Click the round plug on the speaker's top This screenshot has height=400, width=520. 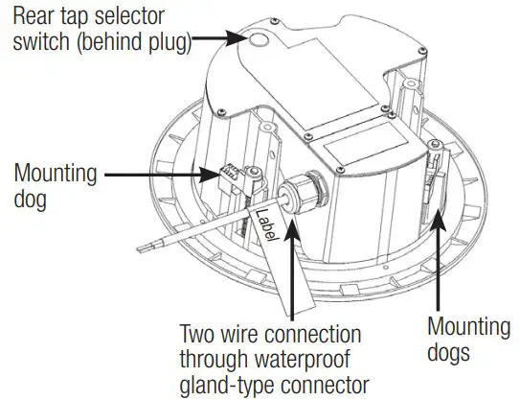260,39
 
